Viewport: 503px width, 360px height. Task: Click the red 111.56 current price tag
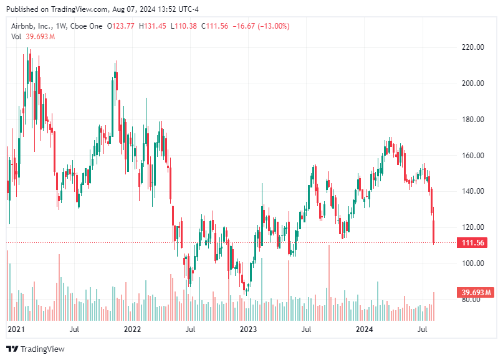473,243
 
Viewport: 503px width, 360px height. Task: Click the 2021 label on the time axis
15,328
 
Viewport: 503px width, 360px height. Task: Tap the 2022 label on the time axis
132,328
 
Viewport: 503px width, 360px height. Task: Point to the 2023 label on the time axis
248,328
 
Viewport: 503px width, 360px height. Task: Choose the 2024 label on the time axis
365,328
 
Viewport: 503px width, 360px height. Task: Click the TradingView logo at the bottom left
36,349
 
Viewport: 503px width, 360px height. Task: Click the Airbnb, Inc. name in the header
34,26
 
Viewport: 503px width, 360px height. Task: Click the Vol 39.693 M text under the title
33,37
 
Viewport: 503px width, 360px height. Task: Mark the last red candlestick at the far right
434,232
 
